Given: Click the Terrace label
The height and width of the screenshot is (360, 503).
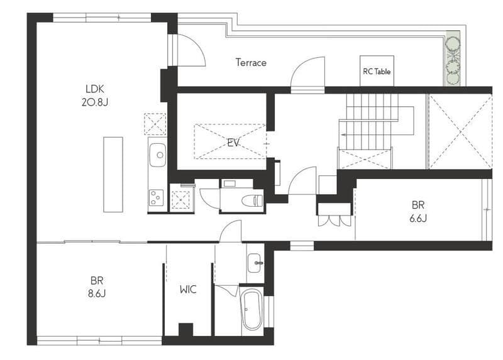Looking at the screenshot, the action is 251,62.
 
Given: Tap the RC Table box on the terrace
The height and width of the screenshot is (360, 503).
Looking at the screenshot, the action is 377,71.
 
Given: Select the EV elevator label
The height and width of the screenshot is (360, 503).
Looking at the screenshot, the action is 233,143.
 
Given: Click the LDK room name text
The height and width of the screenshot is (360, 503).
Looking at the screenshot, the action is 95,89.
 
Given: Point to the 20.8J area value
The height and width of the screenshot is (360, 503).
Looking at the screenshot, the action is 95,102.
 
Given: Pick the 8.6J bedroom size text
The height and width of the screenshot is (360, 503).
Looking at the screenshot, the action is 97,293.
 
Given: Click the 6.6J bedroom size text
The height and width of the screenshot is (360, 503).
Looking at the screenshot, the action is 418,218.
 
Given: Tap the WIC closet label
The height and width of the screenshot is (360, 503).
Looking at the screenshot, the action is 188,290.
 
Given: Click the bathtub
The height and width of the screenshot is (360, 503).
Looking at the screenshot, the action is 252,310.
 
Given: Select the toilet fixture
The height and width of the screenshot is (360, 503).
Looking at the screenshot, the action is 252,200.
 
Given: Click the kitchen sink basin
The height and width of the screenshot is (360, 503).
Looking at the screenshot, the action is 158,155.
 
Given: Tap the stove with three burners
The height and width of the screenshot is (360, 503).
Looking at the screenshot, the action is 156,198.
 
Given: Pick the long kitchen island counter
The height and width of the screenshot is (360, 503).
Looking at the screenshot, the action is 113,175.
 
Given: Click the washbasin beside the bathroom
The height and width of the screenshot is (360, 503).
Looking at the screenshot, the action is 255,263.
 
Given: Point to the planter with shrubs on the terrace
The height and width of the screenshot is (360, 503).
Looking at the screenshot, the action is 453,58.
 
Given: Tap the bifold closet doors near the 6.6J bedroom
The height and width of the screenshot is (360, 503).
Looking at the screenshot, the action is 334,221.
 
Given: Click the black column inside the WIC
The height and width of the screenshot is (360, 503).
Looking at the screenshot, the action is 185,330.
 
